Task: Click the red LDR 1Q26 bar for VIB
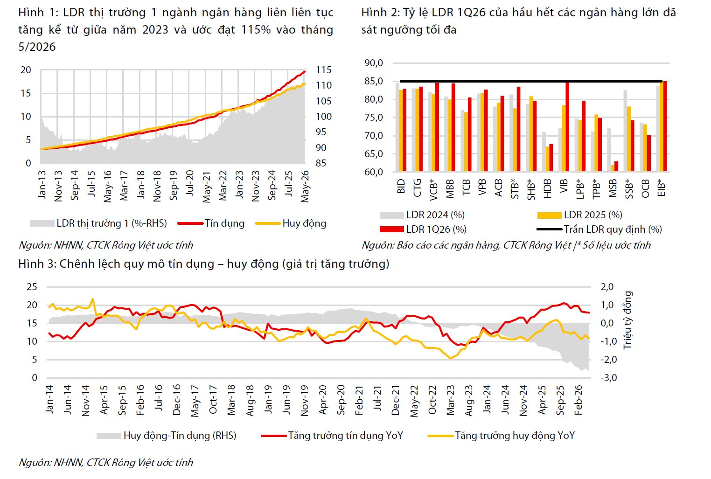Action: tap(567, 127)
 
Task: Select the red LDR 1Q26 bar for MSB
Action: tap(616, 167)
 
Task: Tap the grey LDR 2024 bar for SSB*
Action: tap(625, 131)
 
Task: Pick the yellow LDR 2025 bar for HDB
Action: tap(548, 159)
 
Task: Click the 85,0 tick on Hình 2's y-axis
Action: tap(374, 82)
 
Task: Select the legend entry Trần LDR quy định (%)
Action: tap(599, 229)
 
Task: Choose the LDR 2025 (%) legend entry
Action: tap(579, 215)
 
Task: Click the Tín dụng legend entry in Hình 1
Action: tap(211, 223)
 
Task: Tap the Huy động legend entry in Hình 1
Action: tap(291, 223)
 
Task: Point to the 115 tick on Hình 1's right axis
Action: tap(323, 70)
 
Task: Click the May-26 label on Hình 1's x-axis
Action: tap(305, 186)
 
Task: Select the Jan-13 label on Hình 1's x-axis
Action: tap(42, 185)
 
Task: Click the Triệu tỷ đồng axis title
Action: tap(627, 320)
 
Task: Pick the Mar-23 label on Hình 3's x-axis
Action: tap(450, 400)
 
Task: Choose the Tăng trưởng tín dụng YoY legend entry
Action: tap(332, 436)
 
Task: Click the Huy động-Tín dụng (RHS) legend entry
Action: tap(167, 436)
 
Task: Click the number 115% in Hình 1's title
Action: tap(256, 30)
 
